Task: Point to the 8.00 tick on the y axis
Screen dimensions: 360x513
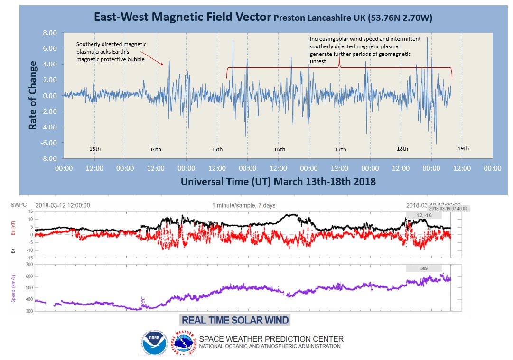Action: [49, 33]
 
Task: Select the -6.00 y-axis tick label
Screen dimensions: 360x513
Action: [49, 143]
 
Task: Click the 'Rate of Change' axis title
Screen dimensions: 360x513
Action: [33, 95]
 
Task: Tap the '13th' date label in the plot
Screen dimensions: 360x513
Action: [95, 149]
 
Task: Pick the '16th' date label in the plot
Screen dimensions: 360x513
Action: [280, 149]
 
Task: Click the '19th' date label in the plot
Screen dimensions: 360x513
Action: [463, 148]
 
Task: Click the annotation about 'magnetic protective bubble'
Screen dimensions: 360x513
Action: [112, 52]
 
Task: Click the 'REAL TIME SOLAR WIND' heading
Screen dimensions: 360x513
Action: [235, 320]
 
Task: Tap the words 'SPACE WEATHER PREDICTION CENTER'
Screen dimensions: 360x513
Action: [271, 339]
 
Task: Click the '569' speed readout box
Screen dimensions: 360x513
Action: [424, 268]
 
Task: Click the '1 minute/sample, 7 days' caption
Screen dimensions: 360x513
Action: [243, 205]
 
